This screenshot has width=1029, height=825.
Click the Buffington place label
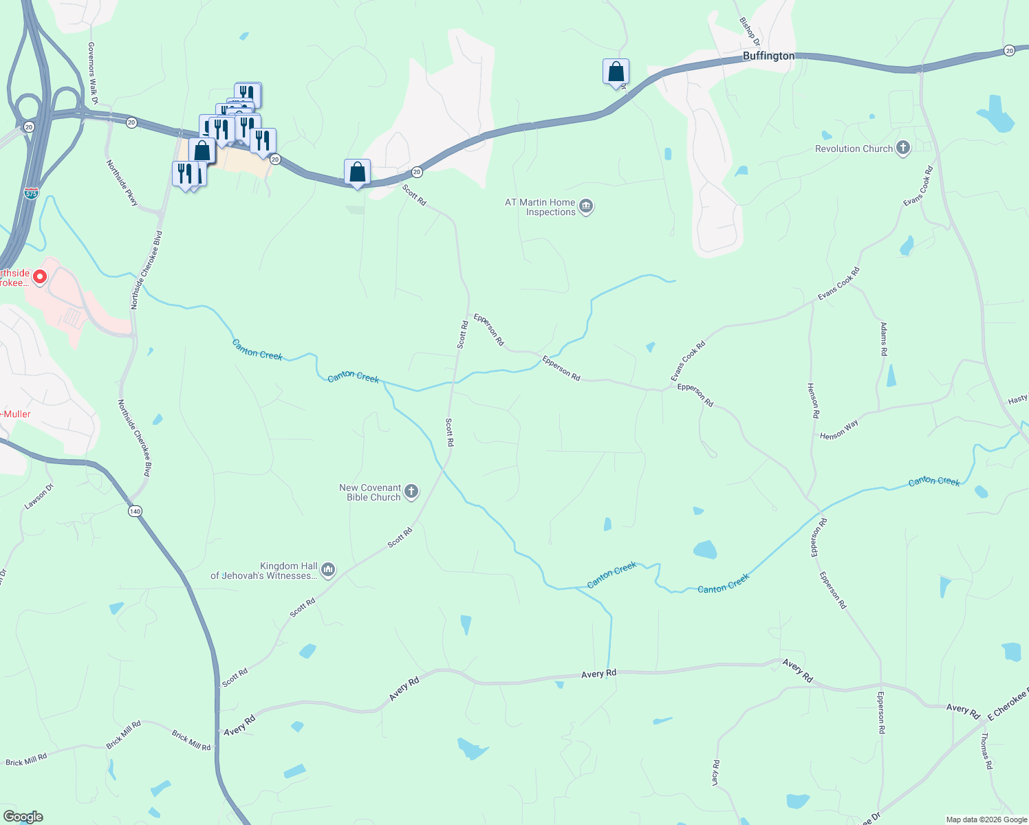coord(768,56)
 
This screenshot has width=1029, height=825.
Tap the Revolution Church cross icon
coord(903,148)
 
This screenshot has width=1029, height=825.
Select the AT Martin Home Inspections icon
coord(586,206)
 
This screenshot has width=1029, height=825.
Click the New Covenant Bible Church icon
coord(411,491)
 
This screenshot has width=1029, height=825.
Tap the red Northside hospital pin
coord(40,276)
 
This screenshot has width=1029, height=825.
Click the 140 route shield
coord(135,511)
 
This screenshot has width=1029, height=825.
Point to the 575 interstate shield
coord(31,193)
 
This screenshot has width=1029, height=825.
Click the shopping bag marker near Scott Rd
coord(357,173)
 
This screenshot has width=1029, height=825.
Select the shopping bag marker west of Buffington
coord(616,71)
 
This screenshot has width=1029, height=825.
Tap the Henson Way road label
coord(839,430)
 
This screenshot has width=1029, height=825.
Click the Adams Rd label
coord(884,338)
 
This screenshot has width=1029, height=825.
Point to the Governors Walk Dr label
coord(91,73)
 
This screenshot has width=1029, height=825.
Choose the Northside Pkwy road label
coord(122,182)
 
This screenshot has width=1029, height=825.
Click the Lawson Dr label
coord(39,496)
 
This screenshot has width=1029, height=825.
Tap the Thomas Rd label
coord(986,750)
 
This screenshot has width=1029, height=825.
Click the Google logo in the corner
coord(23,817)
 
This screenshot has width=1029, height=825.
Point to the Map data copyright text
coord(986,819)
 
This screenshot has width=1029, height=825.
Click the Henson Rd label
coord(814,401)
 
